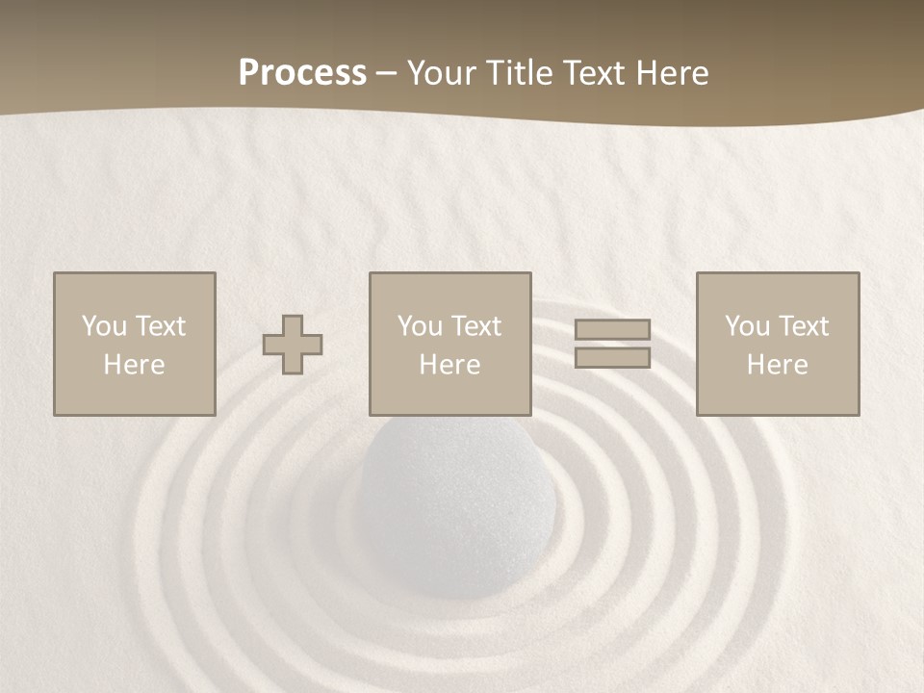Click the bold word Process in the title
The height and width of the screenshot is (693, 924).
point(302,73)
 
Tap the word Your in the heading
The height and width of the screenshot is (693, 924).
point(442,73)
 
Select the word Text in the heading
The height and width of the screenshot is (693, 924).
point(602,73)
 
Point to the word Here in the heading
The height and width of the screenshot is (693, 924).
point(676,73)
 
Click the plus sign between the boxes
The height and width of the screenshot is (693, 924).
point(293,345)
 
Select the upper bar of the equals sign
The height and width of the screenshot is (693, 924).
point(612,329)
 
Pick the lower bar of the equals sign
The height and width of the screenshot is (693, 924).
point(612,357)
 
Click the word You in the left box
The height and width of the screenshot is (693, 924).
point(104,326)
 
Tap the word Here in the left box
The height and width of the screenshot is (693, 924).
point(134,365)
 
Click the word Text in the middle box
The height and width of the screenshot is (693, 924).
point(475,326)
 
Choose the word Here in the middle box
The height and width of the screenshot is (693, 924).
point(449,365)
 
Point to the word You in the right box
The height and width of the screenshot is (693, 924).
point(747,326)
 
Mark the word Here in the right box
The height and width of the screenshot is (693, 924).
point(777,365)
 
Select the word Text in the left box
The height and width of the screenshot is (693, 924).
point(160,326)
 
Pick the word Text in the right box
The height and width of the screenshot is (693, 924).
point(803,326)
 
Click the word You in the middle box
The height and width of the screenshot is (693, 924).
point(420,326)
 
